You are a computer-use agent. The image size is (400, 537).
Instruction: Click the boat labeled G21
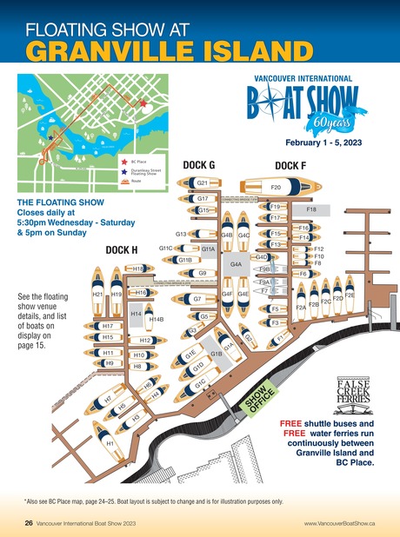tap(202, 183)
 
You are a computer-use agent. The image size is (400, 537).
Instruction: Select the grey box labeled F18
tap(311, 209)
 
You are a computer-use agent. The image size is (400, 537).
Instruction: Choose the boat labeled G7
tap(199, 299)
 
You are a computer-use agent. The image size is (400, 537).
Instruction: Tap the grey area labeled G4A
tap(235, 263)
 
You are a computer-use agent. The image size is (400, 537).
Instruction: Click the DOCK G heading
tap(199, 165)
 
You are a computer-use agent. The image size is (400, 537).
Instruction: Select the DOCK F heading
tap(290, 165)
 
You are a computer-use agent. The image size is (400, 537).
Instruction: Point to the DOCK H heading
tap(123, 250)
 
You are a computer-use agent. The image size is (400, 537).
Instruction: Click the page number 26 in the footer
tap(29, 523)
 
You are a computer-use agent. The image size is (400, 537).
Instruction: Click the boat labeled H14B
tap(157, 319)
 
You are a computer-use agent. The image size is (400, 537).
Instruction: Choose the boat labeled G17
tap(202, 199)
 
